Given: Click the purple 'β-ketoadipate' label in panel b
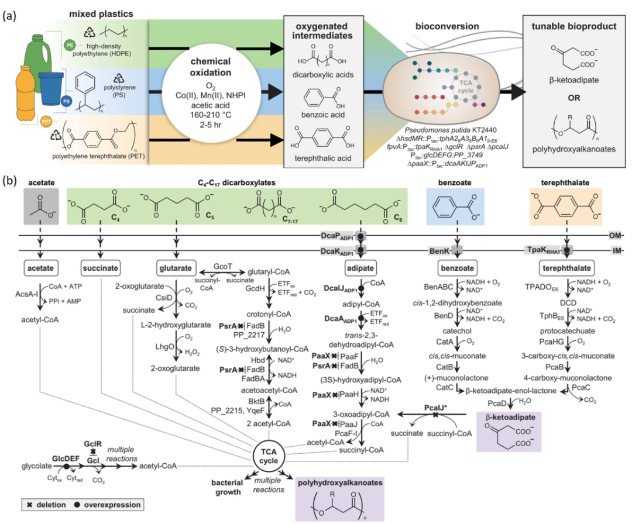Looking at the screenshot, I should (x=507, y=416).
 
